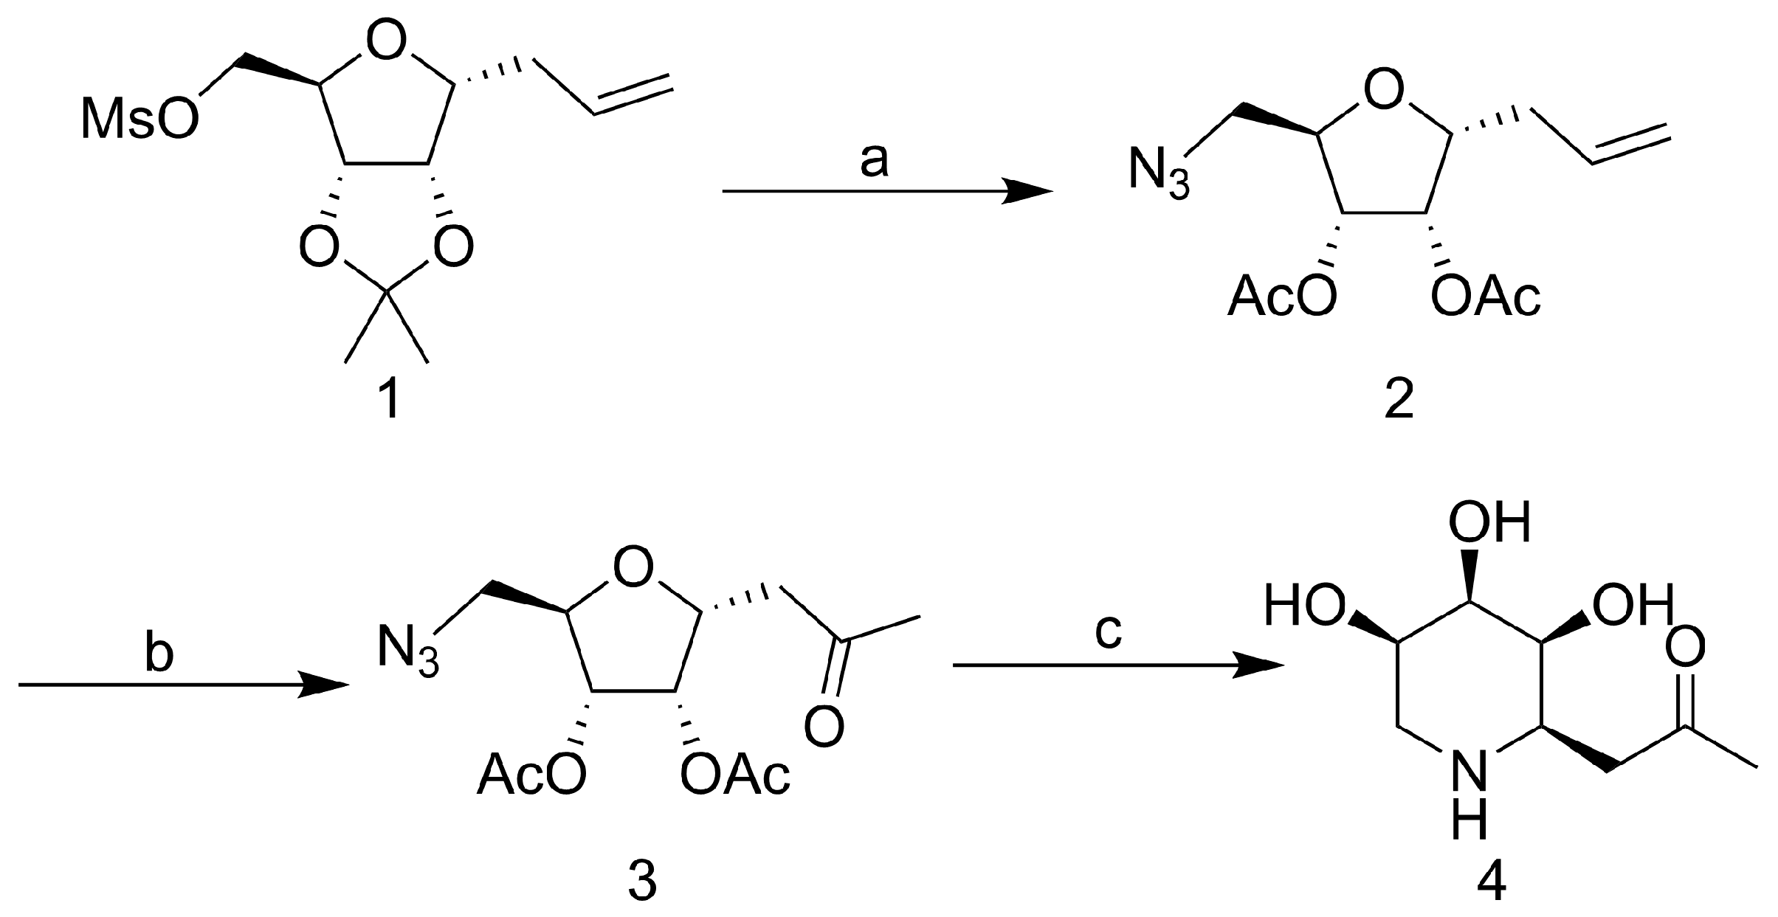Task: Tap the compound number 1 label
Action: click(x=388, y=402)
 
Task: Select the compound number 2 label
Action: click(x=1398, y=402)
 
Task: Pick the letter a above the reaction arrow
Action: click(x=874, y=162)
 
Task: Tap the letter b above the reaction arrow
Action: click(x=159, y=654)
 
